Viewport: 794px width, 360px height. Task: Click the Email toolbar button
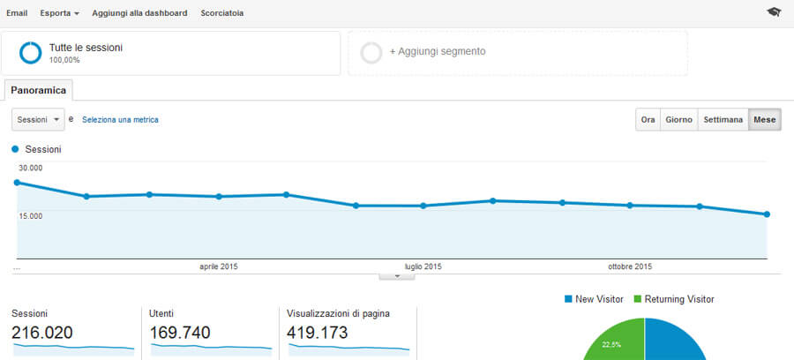tap(17, 13)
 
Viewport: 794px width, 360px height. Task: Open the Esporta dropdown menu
tap(59, 13)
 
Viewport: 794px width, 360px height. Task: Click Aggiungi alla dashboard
tap(139, 13)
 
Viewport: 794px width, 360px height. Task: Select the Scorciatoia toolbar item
tap(222, 13)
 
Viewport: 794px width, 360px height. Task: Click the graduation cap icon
tap(774, 12)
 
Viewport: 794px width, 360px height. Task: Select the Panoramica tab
tap(39, 90)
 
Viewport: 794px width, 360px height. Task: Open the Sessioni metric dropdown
tap(38, 119)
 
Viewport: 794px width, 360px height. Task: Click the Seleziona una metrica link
tap(120, 119)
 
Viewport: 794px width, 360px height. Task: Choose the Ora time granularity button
tap(648, 120)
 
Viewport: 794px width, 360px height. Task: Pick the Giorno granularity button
tap(678, 120)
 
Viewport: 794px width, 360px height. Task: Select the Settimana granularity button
tap(723, 120)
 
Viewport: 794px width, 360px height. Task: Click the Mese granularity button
tap(765, 120)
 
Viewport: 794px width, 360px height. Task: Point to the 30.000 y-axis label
tap(31, 168)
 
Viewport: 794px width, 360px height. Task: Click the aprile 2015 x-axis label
tap(218, 266)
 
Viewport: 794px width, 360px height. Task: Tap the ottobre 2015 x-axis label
tap(630, 266)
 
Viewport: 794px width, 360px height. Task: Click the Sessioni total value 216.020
tap(42, 333)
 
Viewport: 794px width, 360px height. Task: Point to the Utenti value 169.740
tap(179, 333)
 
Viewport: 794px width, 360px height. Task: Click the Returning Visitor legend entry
tap(678, 299)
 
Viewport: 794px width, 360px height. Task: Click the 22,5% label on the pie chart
tap(610, 345)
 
